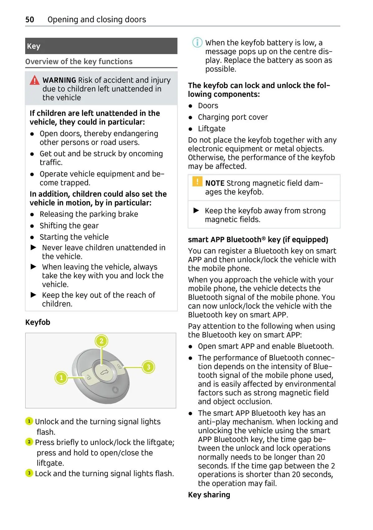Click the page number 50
[x=30, y=20]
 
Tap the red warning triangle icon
[x=35, y=81]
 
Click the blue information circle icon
[x=197, y=42]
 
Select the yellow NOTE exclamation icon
[x=197, y=181]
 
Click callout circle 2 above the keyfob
[x=101, y=341]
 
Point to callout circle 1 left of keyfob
[x=61, y=378]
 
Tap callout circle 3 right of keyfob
[x=148, y=367]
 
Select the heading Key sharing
[x=209, y=495]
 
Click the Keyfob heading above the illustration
[x=38, y=322]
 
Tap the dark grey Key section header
[x=101, y=46]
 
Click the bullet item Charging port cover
[x=233, y=117]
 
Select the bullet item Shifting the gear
[x=69, y=226]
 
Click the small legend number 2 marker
[x=29, y=442]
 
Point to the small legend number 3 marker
[x=29, y=473]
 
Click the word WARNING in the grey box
[x=59, y=80]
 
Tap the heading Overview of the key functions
[x=79, y=62]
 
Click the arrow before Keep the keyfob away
[x=196, y=211]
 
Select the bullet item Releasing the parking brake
[x=89, y=214]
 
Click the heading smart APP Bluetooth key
[x=258, y=239]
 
